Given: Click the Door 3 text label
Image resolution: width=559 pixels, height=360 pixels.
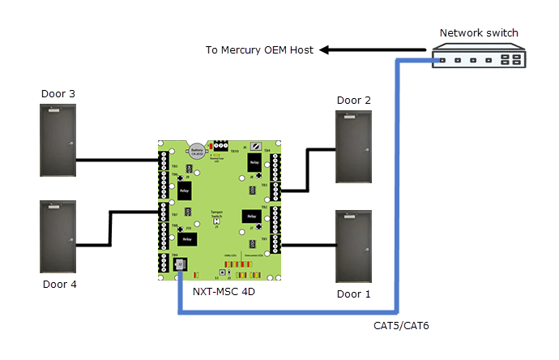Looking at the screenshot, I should [x=58, y=94].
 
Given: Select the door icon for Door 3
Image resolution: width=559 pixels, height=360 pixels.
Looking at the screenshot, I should [x=58, y=139].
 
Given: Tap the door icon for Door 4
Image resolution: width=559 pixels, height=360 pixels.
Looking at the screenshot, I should [x=58, y=237].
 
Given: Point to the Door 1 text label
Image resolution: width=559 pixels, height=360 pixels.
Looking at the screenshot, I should [x=353, y=294].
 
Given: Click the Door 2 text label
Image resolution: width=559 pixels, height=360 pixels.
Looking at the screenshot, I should [x=354, y=101].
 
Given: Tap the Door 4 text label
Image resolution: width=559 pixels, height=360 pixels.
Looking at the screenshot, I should [x=58, y=285].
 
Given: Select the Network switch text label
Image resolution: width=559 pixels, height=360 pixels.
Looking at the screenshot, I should [x=478, y=33].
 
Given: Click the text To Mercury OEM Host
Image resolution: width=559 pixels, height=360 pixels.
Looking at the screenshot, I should [x=259, y=50].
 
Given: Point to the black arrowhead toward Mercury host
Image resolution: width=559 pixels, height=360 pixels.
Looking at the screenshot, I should [x=325, y=50].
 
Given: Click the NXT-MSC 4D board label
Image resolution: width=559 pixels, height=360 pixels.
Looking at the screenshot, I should [x=224, y=291].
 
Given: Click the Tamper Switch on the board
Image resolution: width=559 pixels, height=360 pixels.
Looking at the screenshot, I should [x=216, y=215].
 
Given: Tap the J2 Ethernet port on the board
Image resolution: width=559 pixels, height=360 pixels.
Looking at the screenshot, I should [x=179, y=265].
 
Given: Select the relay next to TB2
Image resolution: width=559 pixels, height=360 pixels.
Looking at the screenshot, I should [x=250, y=216].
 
